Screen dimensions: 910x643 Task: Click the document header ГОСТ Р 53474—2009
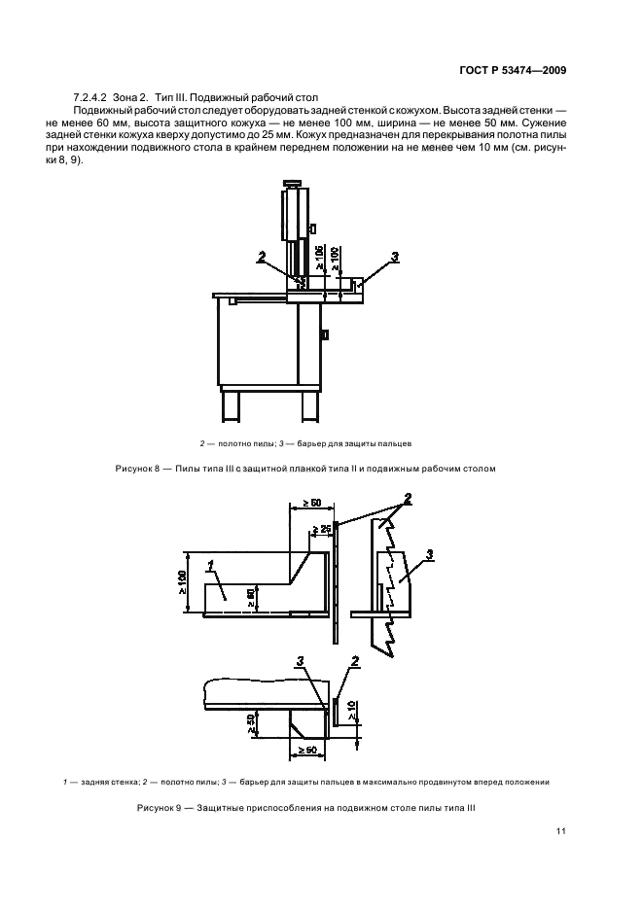(x=514, y=70)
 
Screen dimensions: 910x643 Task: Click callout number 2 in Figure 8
(x=261, y=258)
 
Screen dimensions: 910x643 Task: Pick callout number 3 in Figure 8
(x=395, y=257)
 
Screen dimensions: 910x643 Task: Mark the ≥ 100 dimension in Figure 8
(x=335, y=259)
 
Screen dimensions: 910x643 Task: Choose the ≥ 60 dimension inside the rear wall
(x=250, y=596)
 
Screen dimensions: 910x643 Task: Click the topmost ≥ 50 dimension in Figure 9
(x=311, y=503)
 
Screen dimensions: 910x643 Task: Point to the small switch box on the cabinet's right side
(x=325, y=335)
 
